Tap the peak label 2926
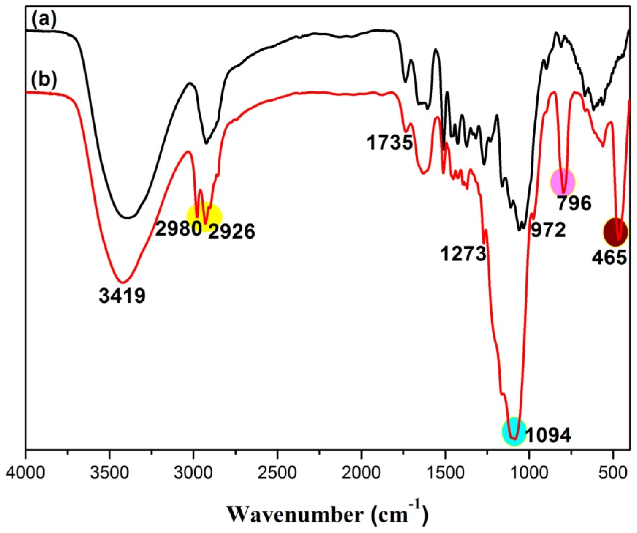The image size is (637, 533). click(x=231, y=232)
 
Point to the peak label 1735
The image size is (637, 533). click(x=390, y=143)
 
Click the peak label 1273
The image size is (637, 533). click(x=463, y=254)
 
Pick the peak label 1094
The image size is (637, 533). click(x=548, y=436)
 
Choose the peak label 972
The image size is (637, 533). click(x=548, y=230)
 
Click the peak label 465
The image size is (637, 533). click(x=609, y=258)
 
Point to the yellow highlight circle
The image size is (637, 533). click(x=204, y=216)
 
